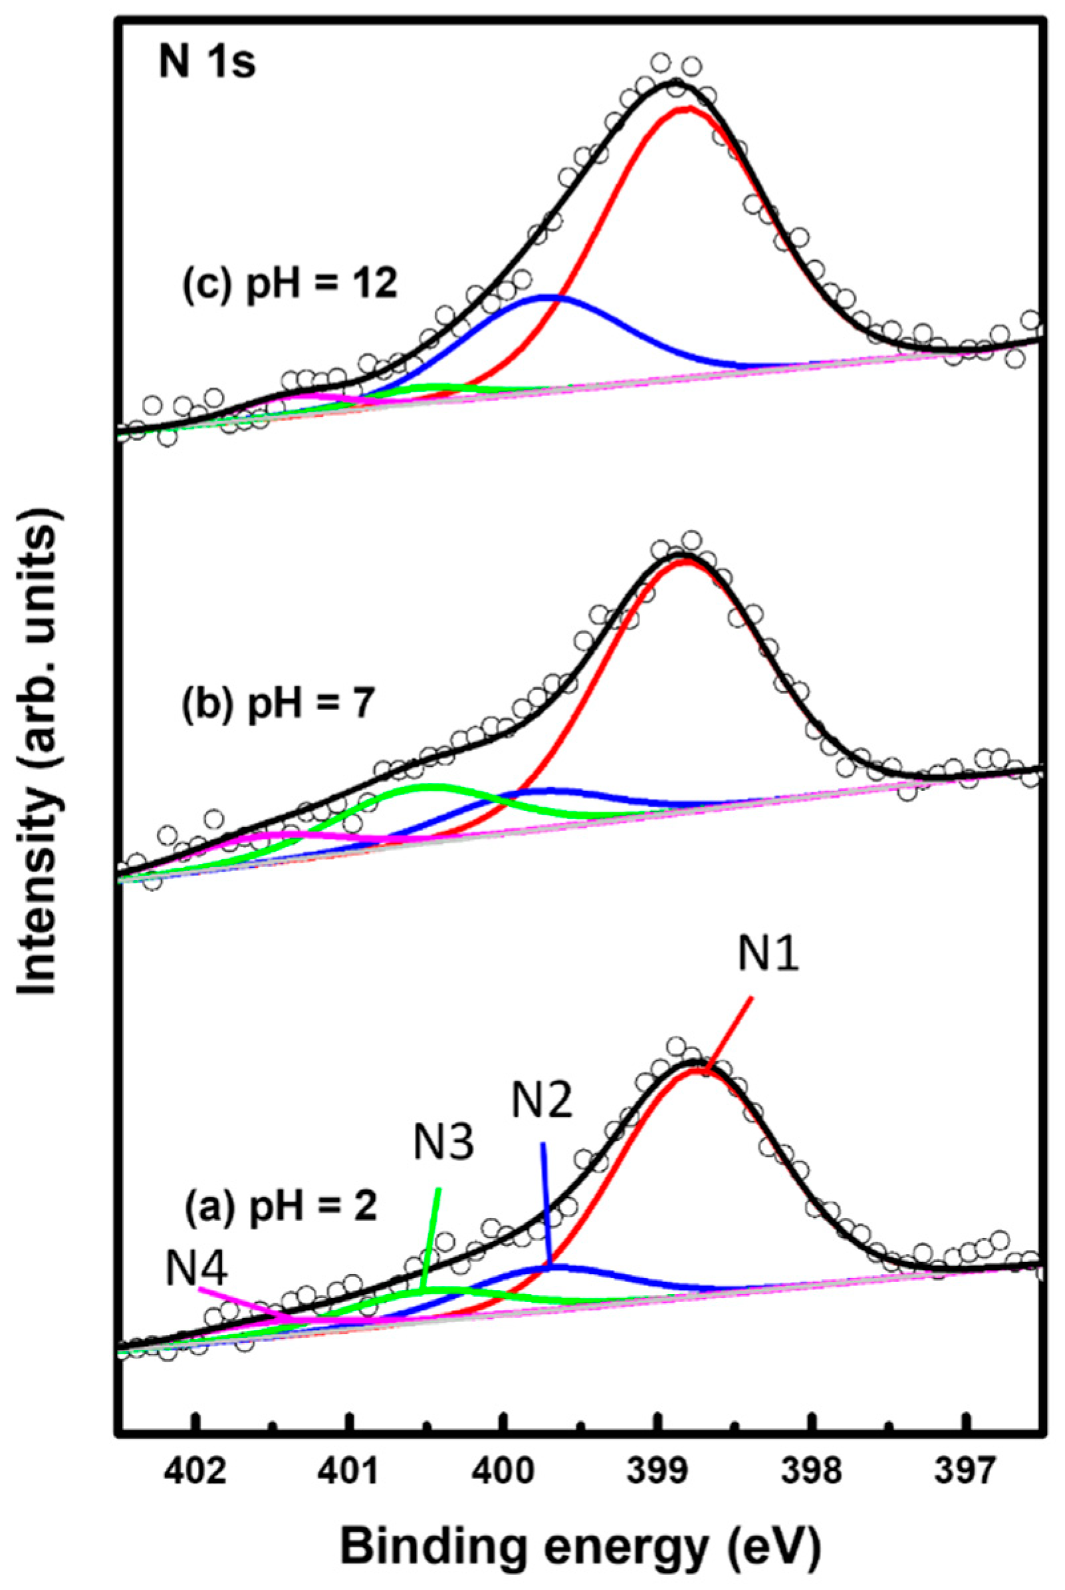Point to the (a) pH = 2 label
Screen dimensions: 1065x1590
(281, 1207)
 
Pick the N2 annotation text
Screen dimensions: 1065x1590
(541, 1102)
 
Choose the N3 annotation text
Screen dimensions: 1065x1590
(443, 1144)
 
